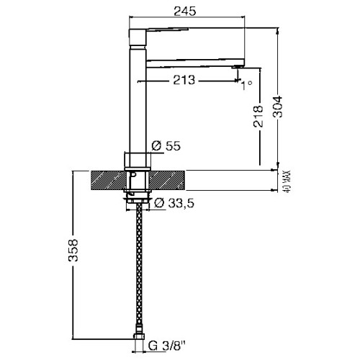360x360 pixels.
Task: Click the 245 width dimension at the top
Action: pos(185,11)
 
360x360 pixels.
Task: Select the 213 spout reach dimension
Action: pos(184,80)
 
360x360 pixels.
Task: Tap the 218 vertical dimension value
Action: pos(258,116)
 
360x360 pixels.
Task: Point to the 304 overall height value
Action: pos(278,107)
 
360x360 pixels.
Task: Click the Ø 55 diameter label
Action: pos(166,145)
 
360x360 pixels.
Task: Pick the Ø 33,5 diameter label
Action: pos(174,203)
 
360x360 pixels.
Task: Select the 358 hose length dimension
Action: pos(73,250)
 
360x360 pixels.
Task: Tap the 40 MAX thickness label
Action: pos(287,181)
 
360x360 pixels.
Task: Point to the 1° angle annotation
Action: pos(247,85)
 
